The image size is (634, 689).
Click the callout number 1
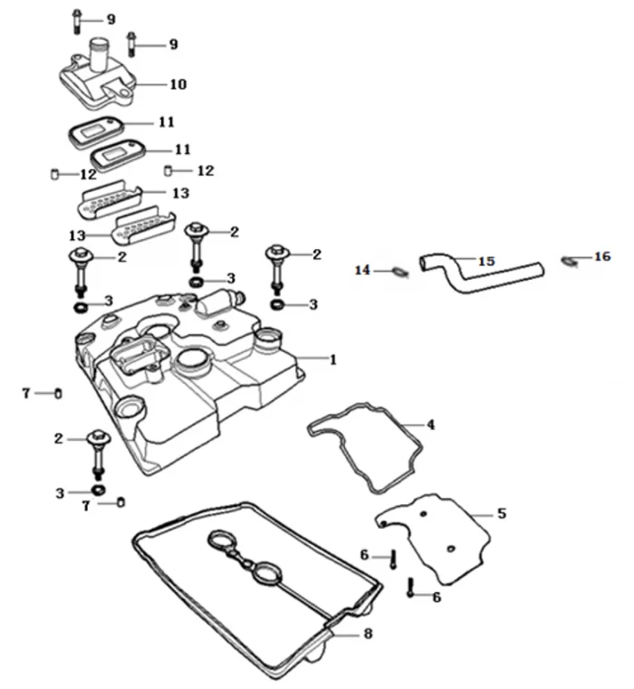tap(332, 359)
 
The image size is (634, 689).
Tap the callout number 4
tap(431, 425)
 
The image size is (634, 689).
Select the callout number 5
tap(502, 513)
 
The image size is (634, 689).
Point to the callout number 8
tap(368, 634)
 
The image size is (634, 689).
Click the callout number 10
tap(178, 84)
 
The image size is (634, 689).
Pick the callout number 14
tap(363, 270)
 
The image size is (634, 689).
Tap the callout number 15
tap(486, 261)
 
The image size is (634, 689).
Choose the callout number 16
tap(602, 257)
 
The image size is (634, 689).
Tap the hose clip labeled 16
tap(570, 262)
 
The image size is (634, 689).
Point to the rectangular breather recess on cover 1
tap(134, 354)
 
